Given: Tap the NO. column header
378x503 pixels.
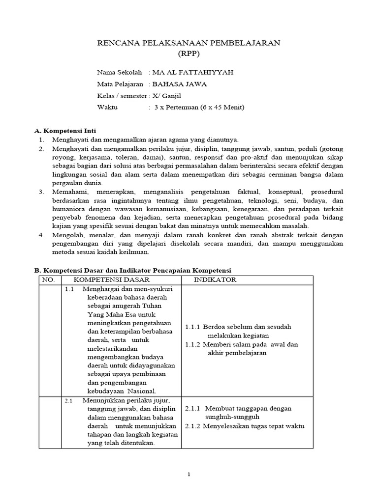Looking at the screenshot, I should [49, 280].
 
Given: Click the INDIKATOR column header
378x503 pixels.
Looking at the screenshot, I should [215, 280].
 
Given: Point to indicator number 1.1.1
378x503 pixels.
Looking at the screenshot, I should [193, 326].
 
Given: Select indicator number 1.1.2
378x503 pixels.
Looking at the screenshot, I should [193, 344].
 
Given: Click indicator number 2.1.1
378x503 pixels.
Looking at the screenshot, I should [193, 408].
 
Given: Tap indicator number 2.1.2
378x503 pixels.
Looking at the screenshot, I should [193, 426].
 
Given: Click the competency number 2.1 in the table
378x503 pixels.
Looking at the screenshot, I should [69, 400].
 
